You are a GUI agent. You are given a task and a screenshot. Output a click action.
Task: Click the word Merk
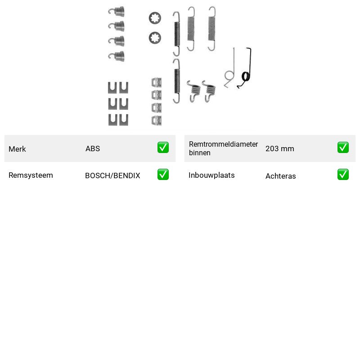click(x=17, y=149)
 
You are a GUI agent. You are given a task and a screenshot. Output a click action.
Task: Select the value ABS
click(x=93, y=148)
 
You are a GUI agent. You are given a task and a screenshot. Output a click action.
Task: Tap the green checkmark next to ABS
click(x=163, y=148)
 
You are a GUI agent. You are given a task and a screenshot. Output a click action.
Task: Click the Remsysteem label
click(x=31, y=175)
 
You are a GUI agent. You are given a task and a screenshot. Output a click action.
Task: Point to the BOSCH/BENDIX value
click(x=112, y=175)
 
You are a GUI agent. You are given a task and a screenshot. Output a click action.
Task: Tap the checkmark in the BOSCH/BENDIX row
click(x=163, y=175)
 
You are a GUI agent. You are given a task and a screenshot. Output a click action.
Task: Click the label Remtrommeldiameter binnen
click(x=223, y=148)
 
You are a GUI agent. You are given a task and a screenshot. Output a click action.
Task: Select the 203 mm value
click(x=279, y=148)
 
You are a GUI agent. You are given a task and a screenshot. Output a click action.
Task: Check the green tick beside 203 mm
click(x=343, y=148)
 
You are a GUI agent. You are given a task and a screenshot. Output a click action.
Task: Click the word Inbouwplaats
click(x=211, y=175)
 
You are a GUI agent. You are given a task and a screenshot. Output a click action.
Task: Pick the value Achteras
click(x=280, y=176)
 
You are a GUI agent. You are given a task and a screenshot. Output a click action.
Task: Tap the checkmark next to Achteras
click(x=343, y=175)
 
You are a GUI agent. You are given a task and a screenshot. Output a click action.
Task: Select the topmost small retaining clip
click(x=157, y=82)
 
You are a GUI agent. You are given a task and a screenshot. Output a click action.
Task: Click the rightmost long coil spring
click(x=212, y=29)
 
